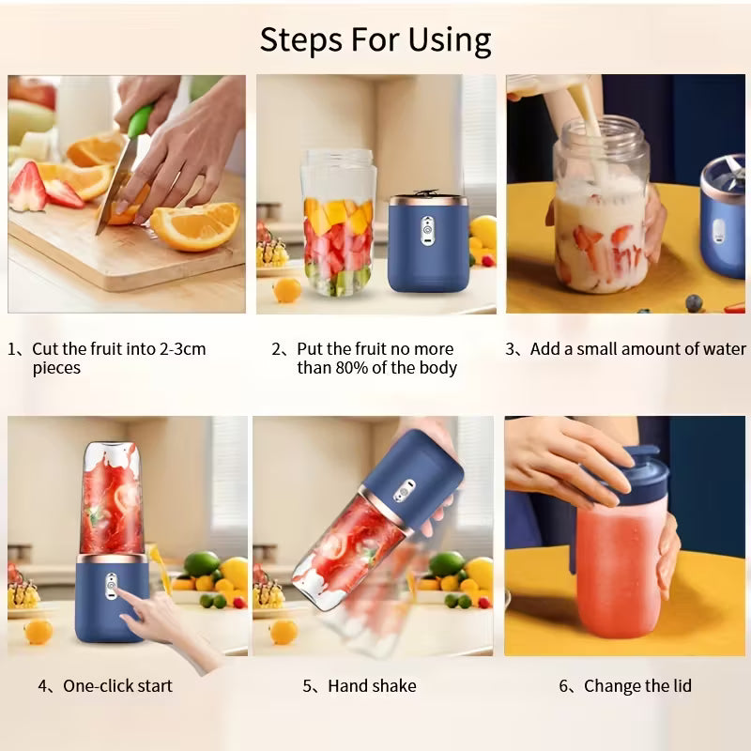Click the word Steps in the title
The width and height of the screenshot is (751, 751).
coord(299,40)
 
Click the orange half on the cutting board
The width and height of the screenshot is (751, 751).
coord(194,225)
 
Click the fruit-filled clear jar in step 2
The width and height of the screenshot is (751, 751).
coord(337,225)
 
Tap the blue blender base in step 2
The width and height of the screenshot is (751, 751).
coord(428,246)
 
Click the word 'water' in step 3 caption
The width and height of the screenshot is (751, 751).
coord(723,349)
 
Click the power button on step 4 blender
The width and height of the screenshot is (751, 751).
coord(112,588)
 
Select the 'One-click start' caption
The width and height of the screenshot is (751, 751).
coord(117,686)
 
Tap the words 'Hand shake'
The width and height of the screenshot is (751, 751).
coord(372,686)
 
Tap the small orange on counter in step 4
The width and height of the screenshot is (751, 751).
coord(38,631)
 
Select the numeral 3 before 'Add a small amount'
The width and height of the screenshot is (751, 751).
coord(511,349)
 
